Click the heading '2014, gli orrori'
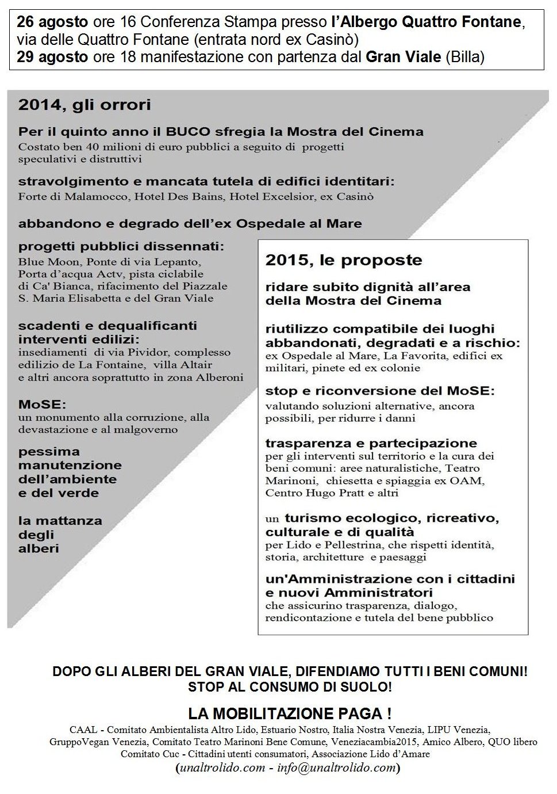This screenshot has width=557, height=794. tap(84, 105)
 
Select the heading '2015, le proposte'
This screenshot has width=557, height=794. tap(344, 260)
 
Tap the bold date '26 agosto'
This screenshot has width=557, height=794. tap(52, 22)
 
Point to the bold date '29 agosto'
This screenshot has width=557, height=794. tap(52, 56)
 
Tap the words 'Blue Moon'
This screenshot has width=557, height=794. tap(43, 262)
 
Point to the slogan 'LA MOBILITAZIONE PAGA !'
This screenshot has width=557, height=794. tap(290, 714)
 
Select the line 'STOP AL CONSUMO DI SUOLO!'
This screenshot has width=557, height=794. tap(290, 686)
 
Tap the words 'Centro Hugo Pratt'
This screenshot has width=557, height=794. tap(309, 493)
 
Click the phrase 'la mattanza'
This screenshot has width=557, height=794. tap(60, 521)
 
